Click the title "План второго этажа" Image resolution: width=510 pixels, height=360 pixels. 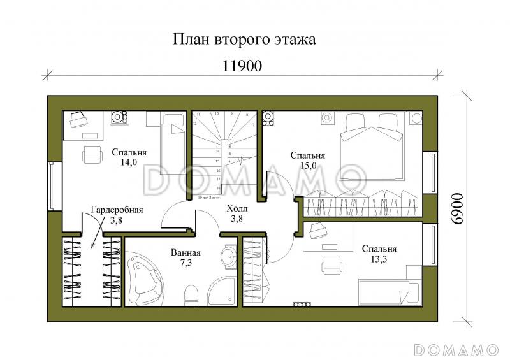(244, 40)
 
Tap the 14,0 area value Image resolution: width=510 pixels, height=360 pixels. (129, 162)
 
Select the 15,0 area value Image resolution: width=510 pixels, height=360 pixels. (308, 166)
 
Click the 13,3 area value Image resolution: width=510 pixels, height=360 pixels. (379, 259)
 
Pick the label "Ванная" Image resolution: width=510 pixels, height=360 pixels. (186, 252)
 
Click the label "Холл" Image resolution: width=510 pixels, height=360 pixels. (237, 208)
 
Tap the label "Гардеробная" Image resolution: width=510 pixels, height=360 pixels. (117, 210)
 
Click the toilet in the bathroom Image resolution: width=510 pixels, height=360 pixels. (192, 295)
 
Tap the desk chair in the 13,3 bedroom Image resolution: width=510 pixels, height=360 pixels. (331, 264)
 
